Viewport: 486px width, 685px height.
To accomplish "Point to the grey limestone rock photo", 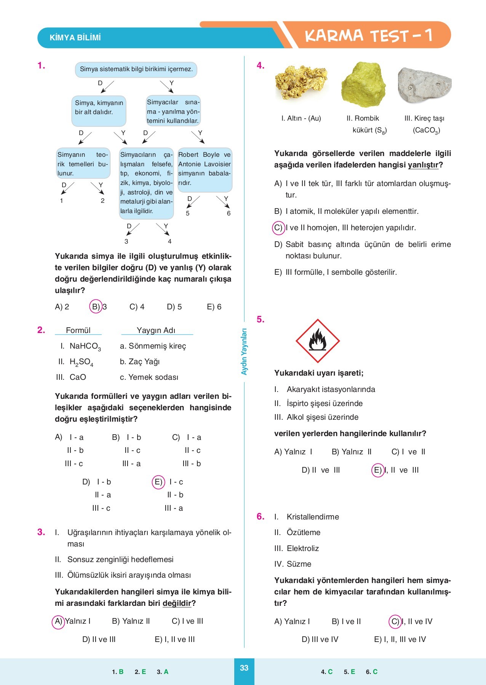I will point(424,85).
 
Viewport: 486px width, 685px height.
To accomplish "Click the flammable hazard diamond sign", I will point(317,341).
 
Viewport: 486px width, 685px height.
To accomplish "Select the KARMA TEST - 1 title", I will point(368,36).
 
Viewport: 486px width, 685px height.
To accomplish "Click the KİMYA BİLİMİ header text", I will point(75,38).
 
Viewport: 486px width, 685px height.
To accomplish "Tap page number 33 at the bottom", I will point(244,668).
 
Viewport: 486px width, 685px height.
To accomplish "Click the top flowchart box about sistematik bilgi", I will point(136,70).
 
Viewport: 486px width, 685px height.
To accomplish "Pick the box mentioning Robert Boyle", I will point(205,169).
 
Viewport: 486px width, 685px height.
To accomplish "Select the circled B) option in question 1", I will point(96,307).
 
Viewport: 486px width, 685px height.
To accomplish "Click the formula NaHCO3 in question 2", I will point(85,346).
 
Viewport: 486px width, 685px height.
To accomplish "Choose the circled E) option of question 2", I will point(158,482).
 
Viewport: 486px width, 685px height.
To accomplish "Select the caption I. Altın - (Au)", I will point(301,118).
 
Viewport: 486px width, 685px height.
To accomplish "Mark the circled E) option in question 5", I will point(377,470).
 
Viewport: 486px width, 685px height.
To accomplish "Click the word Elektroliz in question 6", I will point(302,548).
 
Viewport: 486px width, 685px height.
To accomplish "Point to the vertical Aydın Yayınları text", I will point(244,352).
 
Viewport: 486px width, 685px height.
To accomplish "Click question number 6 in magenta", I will point(260,516).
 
